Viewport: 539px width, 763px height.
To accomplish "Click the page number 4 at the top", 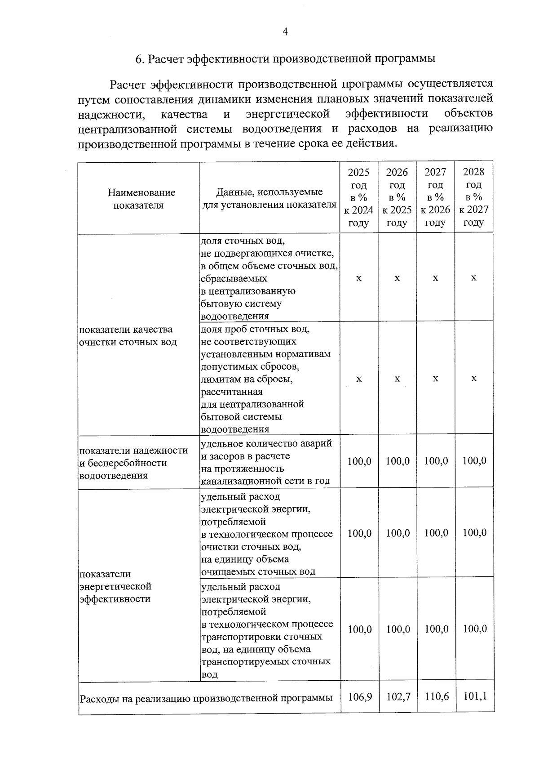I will (285, 31).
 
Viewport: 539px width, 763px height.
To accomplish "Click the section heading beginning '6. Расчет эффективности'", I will (285, 59).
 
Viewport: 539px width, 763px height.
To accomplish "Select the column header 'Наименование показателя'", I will (138, 199).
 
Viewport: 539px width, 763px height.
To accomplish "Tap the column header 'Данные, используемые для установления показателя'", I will (269, 198).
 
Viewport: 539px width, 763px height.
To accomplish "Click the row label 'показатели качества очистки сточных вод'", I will (128, 336).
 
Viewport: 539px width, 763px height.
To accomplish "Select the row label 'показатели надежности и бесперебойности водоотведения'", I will (133, 463).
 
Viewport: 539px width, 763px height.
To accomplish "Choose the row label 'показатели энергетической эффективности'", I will (115, 586).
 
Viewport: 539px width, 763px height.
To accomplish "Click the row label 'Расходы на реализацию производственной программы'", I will (206, 698).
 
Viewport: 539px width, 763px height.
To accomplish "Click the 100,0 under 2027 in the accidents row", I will (436, 461).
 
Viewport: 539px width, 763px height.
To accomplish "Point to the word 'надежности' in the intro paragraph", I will (111, 114).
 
